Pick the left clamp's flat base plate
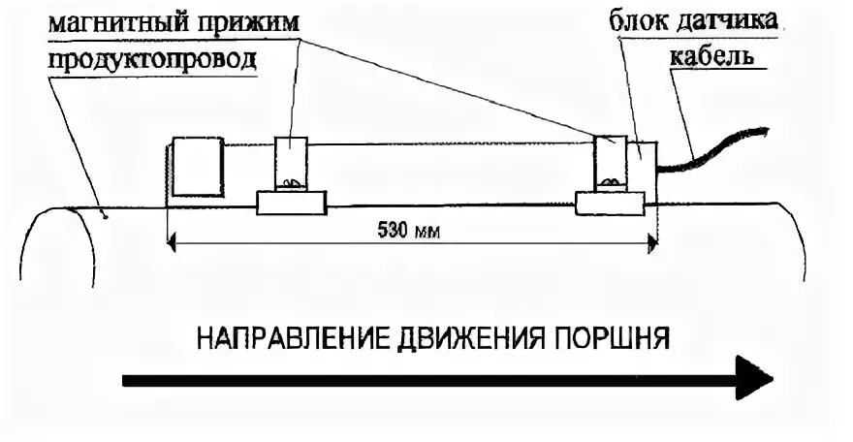[x=291, y=203]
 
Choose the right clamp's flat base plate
[x=611, y=203]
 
